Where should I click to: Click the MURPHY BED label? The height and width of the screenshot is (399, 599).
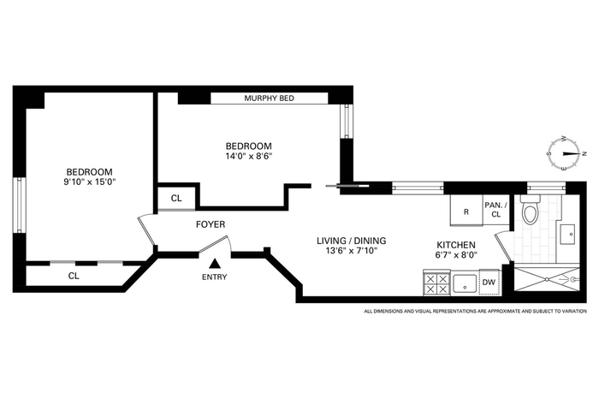tap(269, 98)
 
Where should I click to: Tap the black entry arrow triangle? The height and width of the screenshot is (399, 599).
tap(215, 264)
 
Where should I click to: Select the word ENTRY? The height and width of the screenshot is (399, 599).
tap(214, 277)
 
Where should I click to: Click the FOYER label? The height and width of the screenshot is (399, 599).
tap(211, 224)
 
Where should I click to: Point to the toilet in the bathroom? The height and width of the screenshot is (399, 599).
tap(531, 210)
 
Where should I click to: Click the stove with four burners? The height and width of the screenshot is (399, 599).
tap(436, 283)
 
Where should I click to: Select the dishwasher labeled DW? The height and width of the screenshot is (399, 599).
tap(489, 282)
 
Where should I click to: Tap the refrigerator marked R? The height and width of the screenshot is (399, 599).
tap(466, 211)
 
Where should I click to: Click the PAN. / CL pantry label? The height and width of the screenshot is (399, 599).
tap(495, 210)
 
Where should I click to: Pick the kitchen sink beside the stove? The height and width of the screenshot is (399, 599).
tap(465, 284)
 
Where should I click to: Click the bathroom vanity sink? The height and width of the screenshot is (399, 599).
tap(567, 234)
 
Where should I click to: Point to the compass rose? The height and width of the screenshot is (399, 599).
tap(565, 153)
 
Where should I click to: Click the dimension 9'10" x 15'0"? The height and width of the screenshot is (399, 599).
tap(89, 182)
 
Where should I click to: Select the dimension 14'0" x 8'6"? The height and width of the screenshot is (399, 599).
tap(249, 156)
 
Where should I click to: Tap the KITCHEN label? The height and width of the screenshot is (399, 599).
tap(456, 245)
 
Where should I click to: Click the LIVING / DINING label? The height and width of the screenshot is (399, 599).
tap(352, 241)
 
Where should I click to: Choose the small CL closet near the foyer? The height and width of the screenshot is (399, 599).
tap(176, 199)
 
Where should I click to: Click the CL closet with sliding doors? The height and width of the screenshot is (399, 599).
tap(74, 276)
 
